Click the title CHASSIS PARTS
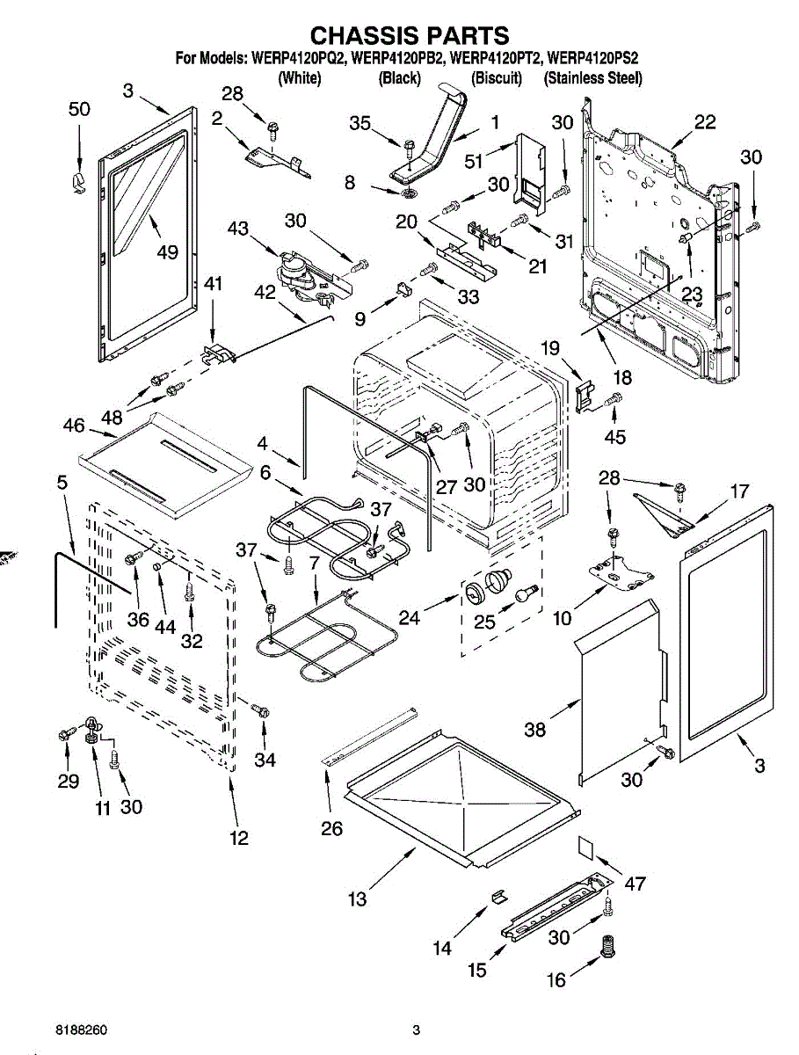click(410, 35)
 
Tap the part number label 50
click(79, 109)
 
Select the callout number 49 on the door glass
click(166, 252)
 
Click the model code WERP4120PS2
click(592, 60)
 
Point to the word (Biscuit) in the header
click(497, 78)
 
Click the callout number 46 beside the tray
click(74, 426)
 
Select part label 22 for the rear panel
click(705, 122)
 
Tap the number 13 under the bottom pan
click(357, 899)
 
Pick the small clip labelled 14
click(498, 896)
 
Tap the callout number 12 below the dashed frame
click(239, 838)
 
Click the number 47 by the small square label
click(635, 884)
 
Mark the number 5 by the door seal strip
click(62, 483)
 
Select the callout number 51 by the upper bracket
click(474, 161)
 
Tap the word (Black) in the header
click(399, 78)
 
